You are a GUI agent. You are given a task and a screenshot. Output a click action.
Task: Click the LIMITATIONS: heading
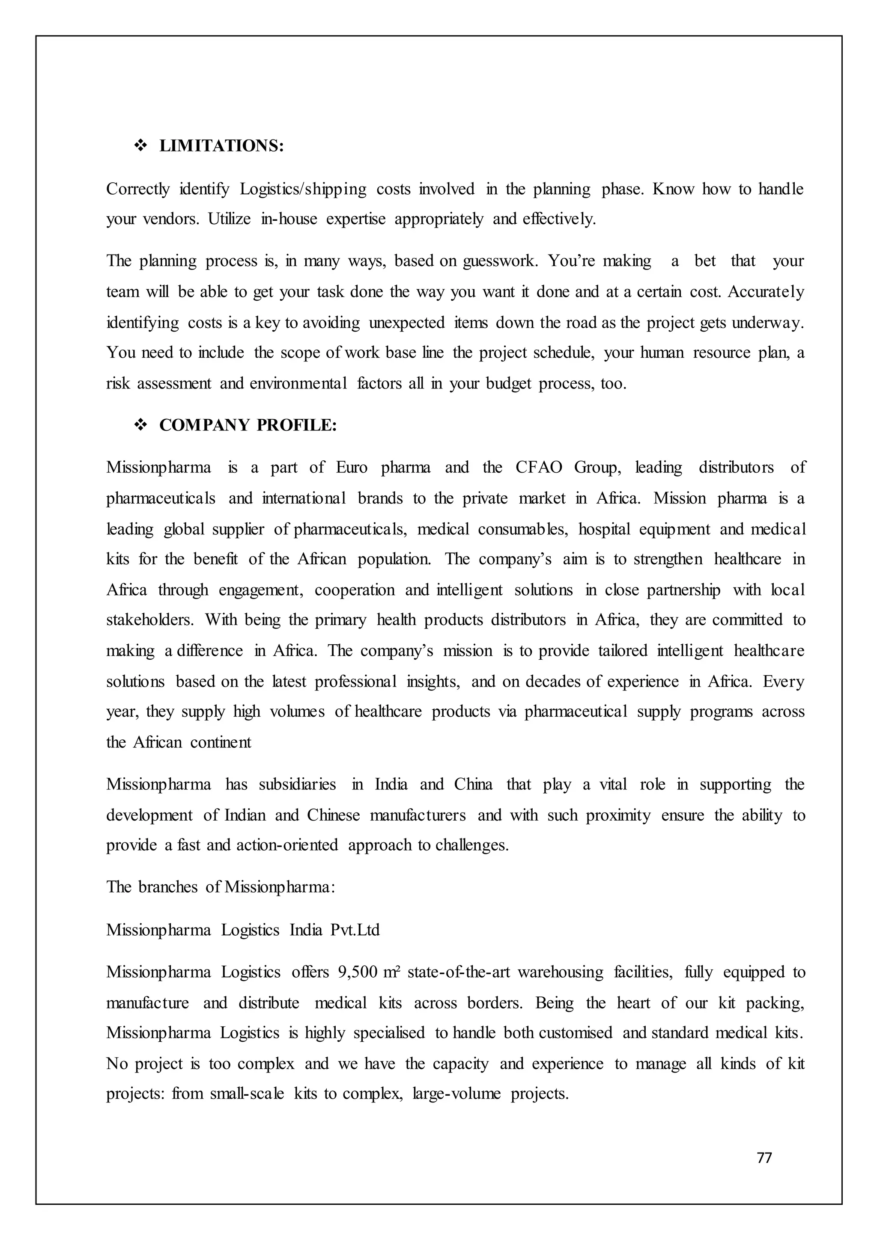[x=221, y=146]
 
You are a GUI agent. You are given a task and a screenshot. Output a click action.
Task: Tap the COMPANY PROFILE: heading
[x=248, y=425]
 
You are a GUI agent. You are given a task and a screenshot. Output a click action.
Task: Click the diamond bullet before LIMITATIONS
[x=140, y=146]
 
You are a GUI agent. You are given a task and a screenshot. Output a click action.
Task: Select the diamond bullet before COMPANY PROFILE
[x=140, y=425]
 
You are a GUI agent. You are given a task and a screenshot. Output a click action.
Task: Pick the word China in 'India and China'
[x=473, y=784]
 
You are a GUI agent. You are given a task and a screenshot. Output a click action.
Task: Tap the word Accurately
[x=766, y=292]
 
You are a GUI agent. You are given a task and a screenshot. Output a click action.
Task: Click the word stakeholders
[x=149, y=620]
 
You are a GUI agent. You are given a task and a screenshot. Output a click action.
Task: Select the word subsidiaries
[x=297, y=784]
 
